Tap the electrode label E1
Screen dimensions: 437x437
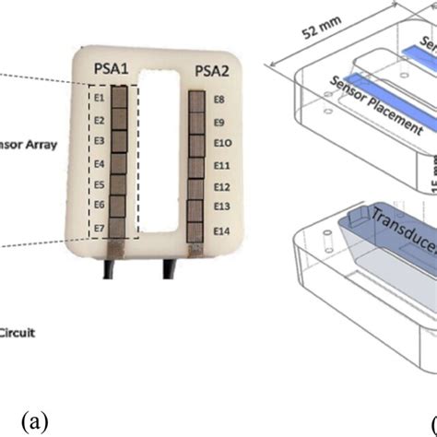[99, 96]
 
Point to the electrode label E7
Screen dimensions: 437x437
[99, 227]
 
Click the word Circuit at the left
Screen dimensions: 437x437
[18, 334]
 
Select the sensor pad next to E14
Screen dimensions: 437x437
[195, 230]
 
